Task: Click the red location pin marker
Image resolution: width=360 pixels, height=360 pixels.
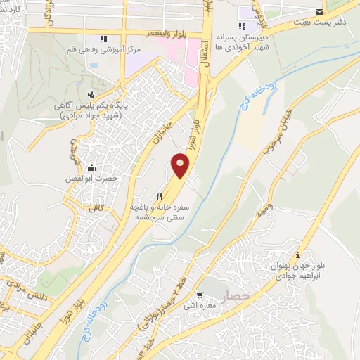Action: [181, 166]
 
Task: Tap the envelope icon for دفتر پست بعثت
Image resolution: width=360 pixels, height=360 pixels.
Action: [320, 12]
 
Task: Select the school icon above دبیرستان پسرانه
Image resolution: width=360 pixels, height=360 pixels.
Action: [243, 27]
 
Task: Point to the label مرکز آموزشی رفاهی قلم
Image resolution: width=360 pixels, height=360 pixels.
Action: [108, 51]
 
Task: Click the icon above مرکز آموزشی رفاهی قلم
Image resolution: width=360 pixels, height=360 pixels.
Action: [103, 39]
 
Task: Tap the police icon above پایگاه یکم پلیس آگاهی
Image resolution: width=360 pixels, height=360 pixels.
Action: [90, 94]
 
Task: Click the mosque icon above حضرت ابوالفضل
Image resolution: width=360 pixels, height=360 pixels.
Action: [91, 167]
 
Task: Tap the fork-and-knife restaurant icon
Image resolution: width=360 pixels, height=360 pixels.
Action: [160, 197]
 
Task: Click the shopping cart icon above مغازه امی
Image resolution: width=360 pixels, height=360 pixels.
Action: [200, 296]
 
